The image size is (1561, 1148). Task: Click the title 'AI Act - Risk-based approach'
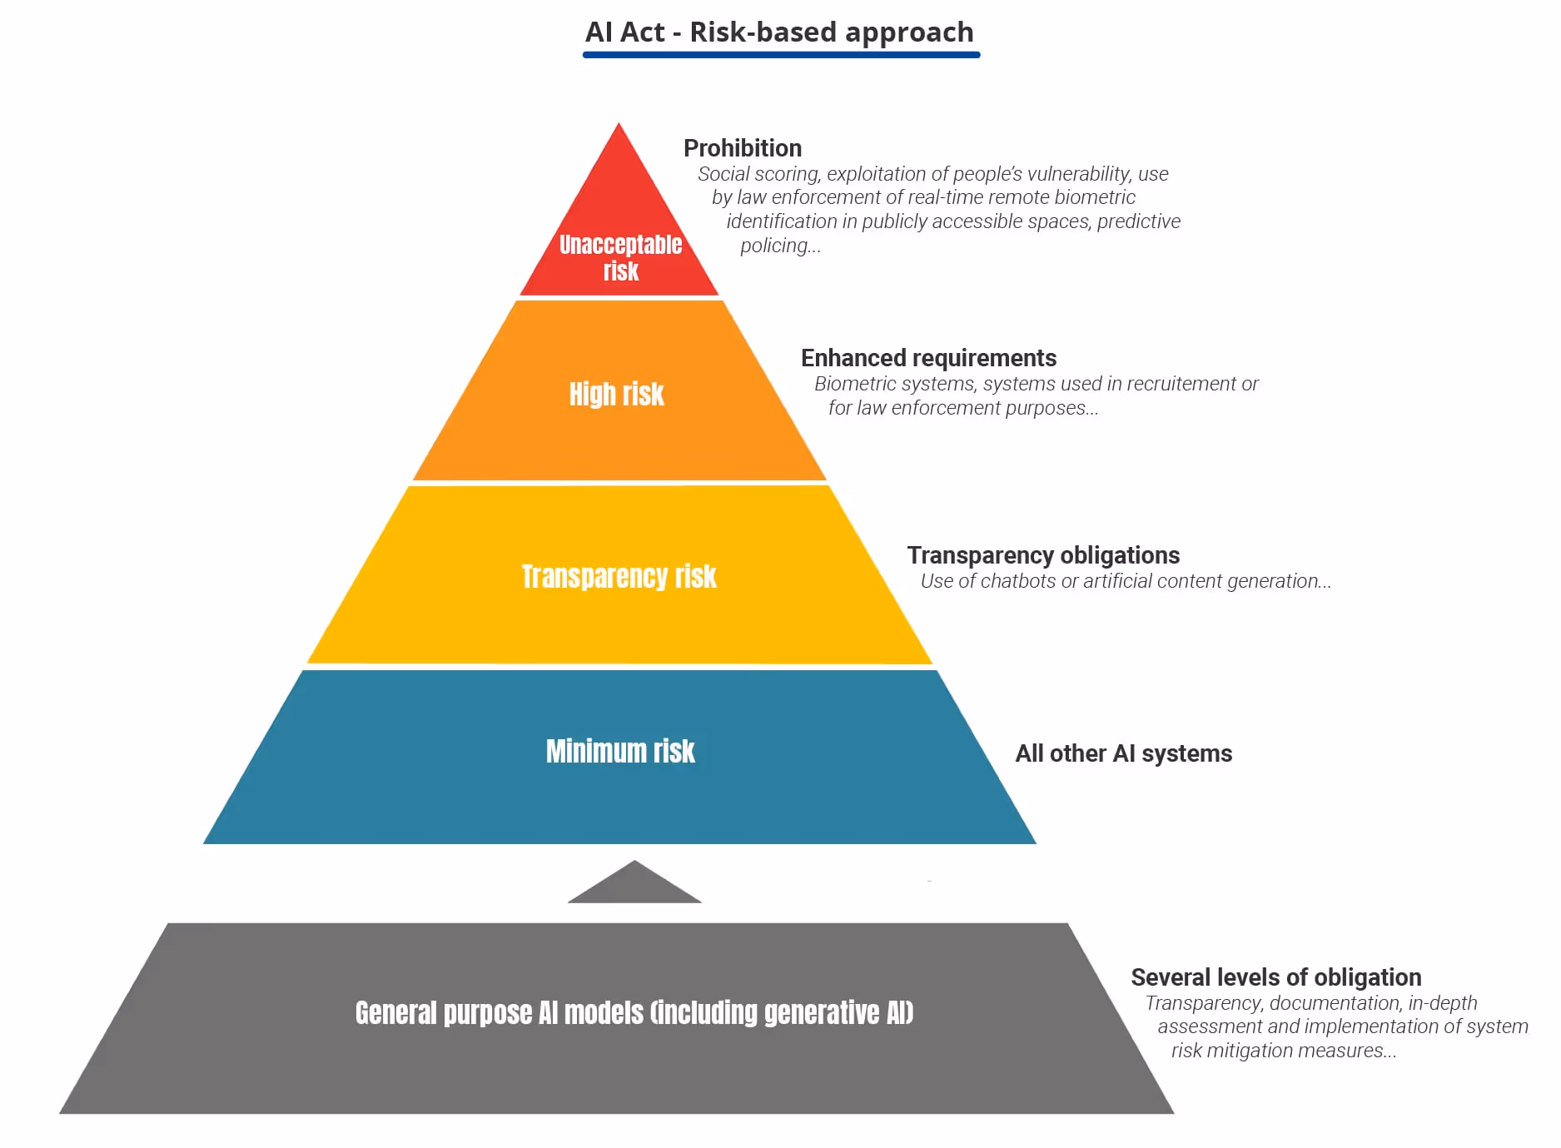tap(779, 32)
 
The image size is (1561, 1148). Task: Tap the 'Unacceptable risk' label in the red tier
tap(620, 257)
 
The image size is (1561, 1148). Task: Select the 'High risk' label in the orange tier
tap(616, 394)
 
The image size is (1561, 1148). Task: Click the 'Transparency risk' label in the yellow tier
tap(619, 576)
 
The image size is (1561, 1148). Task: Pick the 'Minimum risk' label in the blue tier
tap(620, 751)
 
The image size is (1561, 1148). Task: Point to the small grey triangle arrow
tap(634, 885)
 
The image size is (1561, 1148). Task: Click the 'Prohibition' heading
tap(743, 148)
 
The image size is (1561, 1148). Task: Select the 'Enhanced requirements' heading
tap(928, 358)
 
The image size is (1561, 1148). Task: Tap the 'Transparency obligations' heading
tap(1043, 555)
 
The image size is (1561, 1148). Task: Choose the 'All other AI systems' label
tap(1123, 753)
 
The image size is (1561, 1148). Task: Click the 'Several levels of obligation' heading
tap(1275, 977)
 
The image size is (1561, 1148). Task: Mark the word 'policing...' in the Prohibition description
tap(780, 246)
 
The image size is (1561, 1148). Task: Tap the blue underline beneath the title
tap(781, 55)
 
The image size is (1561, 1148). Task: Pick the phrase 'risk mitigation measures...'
tap(1284, 1051)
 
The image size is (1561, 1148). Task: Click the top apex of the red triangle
tap(619, 127)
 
